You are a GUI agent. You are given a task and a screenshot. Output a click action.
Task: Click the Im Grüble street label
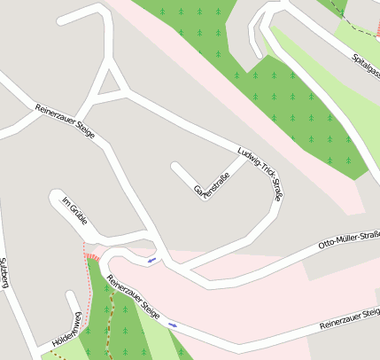[x=74, y=209]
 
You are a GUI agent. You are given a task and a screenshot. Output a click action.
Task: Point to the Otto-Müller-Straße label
[x=348, y=239]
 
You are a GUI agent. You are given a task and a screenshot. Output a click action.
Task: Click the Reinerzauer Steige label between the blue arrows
[x=133, y=297]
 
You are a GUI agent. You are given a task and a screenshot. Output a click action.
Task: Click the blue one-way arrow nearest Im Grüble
[x=152, y=260]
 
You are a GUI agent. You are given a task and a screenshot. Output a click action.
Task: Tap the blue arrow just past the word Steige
[x=172, y=325]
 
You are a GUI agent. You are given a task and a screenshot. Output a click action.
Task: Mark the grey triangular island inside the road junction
[x=111, y=84]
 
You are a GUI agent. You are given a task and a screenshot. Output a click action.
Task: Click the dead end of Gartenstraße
[x=175, y=166]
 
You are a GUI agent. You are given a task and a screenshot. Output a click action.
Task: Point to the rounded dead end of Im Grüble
[x=57, y=196]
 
